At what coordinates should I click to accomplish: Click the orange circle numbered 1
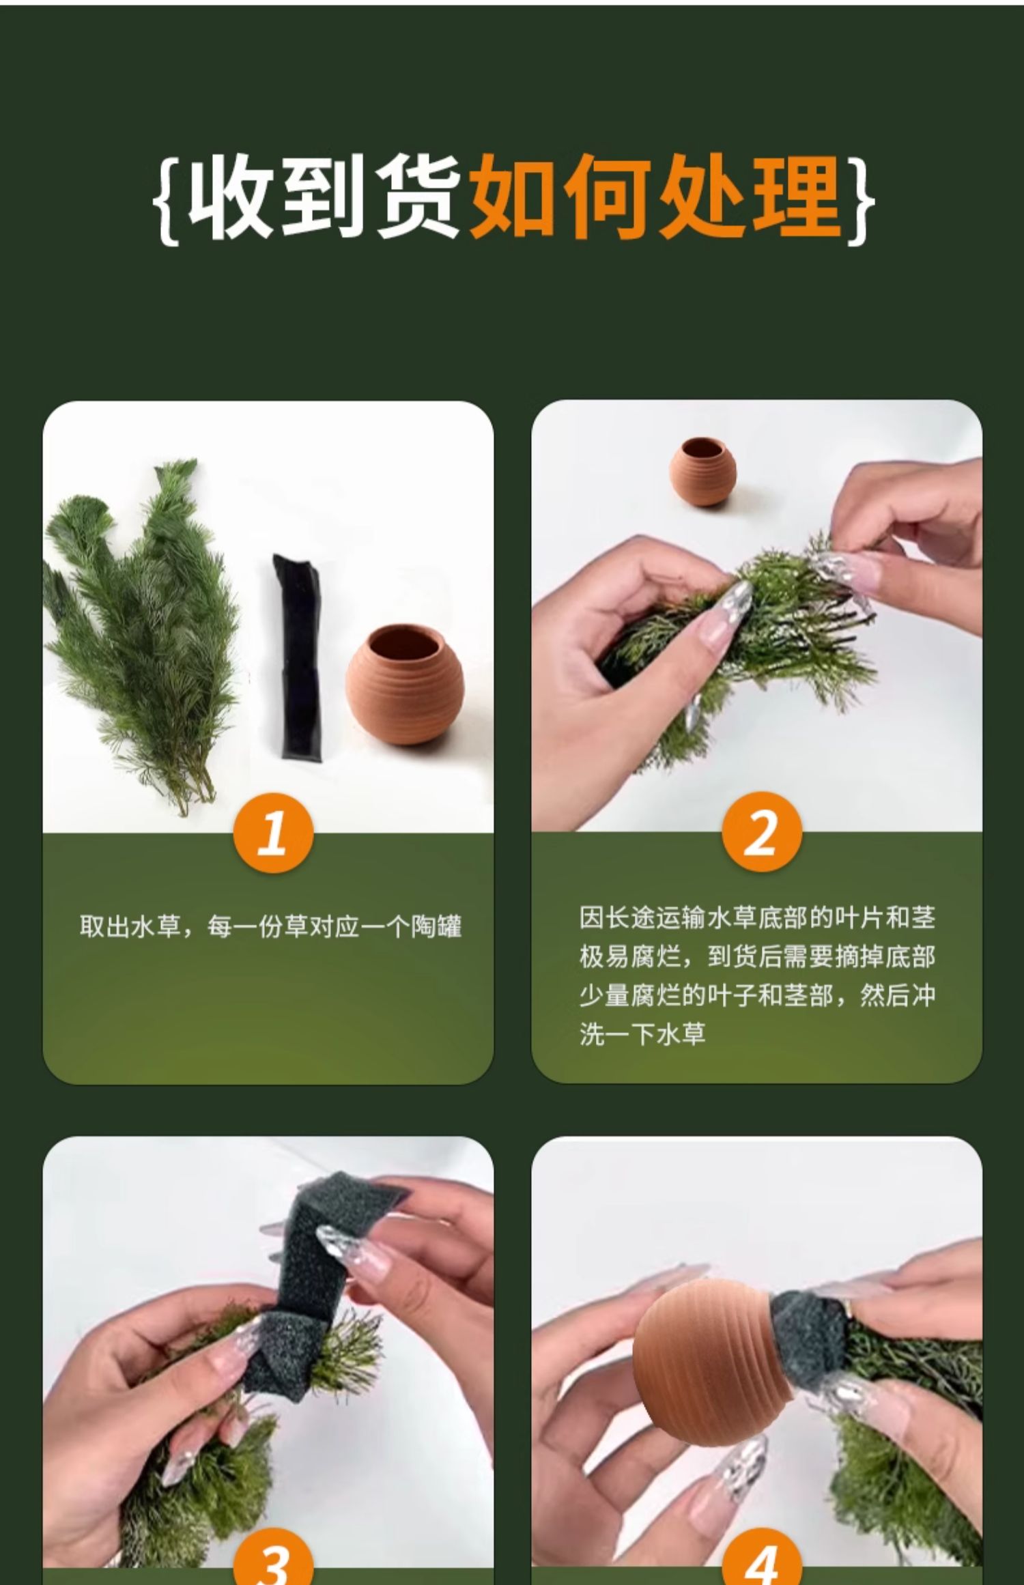coord(273,833)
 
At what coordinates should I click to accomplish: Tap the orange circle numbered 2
coord(761,833)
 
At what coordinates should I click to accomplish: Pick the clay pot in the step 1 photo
coord(404,685)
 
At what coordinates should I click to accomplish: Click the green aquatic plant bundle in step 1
coord(140,635)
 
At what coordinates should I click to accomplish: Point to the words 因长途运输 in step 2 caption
coord(642,917)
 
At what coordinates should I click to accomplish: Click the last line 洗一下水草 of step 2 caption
coord(642,1034)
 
